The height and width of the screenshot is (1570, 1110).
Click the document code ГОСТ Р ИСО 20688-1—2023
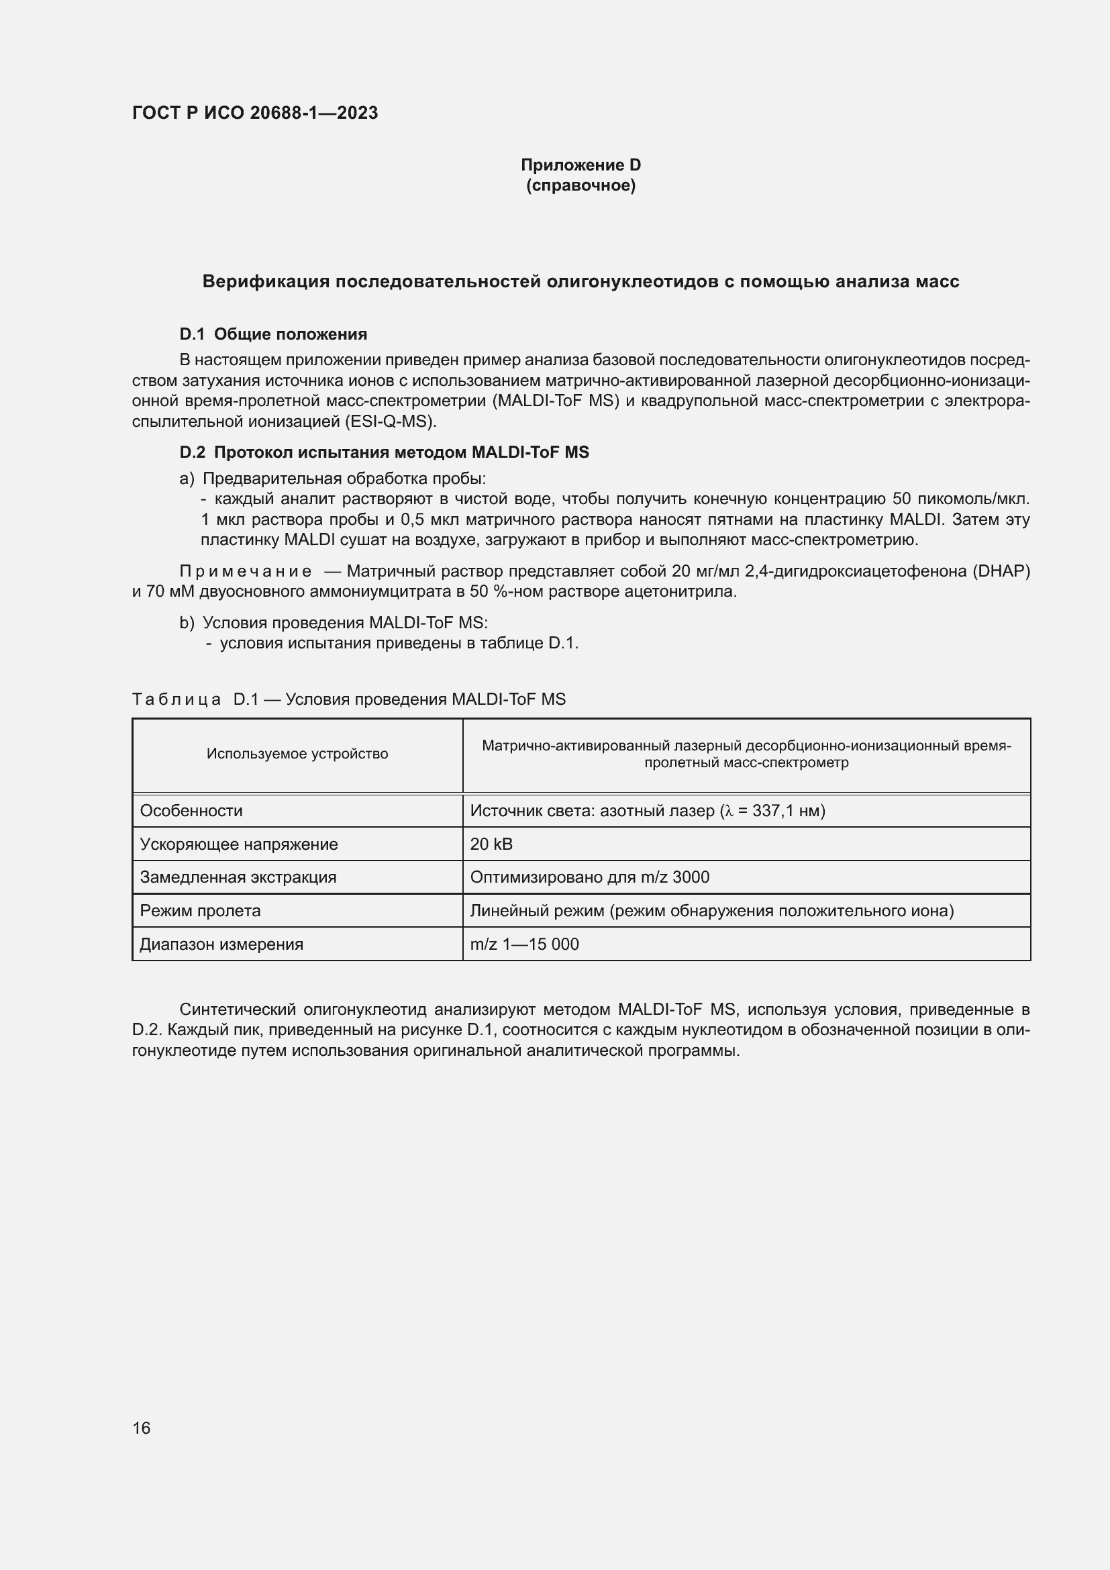tap(255, 113)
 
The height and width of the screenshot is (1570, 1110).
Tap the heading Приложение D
tap(581, 165)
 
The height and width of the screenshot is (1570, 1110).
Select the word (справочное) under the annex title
tap(581, 185)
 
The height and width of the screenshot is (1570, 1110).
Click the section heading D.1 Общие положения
tap(273, 334)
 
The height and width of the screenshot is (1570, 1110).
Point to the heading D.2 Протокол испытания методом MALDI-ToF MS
tap(384, 452)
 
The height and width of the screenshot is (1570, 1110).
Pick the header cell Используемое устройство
tap(297, 754)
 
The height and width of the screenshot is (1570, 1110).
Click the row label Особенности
tap(191, 810)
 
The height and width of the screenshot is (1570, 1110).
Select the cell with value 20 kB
tap(491, 844)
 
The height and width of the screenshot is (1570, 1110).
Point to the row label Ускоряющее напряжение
tap(239, 844)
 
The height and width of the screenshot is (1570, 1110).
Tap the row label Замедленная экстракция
tap(238, 877)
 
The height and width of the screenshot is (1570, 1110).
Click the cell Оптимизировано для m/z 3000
tap(589, 877)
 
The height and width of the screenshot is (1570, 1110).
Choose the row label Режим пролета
tap(200, 910)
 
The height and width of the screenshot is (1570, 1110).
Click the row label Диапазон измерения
tap(221, 944)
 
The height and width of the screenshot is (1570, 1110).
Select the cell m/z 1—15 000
tap(524, 944)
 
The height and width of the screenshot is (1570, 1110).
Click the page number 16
tap(142, 1428)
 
